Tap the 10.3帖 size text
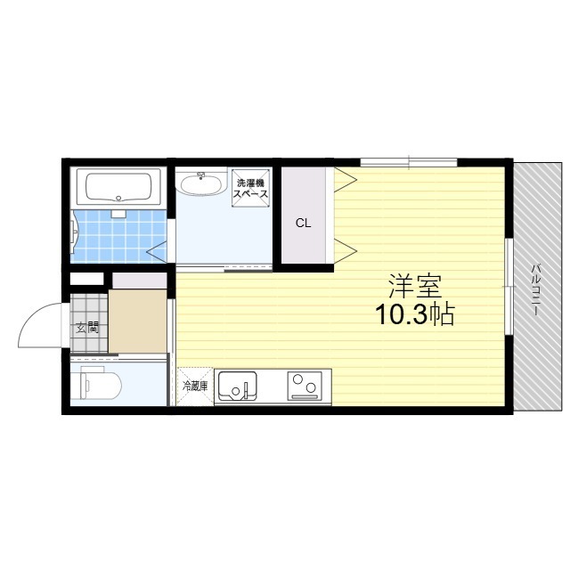pos(415,314)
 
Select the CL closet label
pos(303,223)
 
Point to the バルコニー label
pos(535,289)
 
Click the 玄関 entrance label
pos(87,329)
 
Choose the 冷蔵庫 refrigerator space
pos(195,387)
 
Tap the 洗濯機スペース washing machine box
pos(250,188)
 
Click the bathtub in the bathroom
pos(118,187)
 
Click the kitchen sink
pos(236,387)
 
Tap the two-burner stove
pos(305,386)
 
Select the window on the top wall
pos(409,162)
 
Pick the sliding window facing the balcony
pos(509,287)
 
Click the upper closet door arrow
pos(346,179)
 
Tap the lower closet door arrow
pos(346,251)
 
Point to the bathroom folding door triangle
pos(157,251)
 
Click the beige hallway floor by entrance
pos(138,321)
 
